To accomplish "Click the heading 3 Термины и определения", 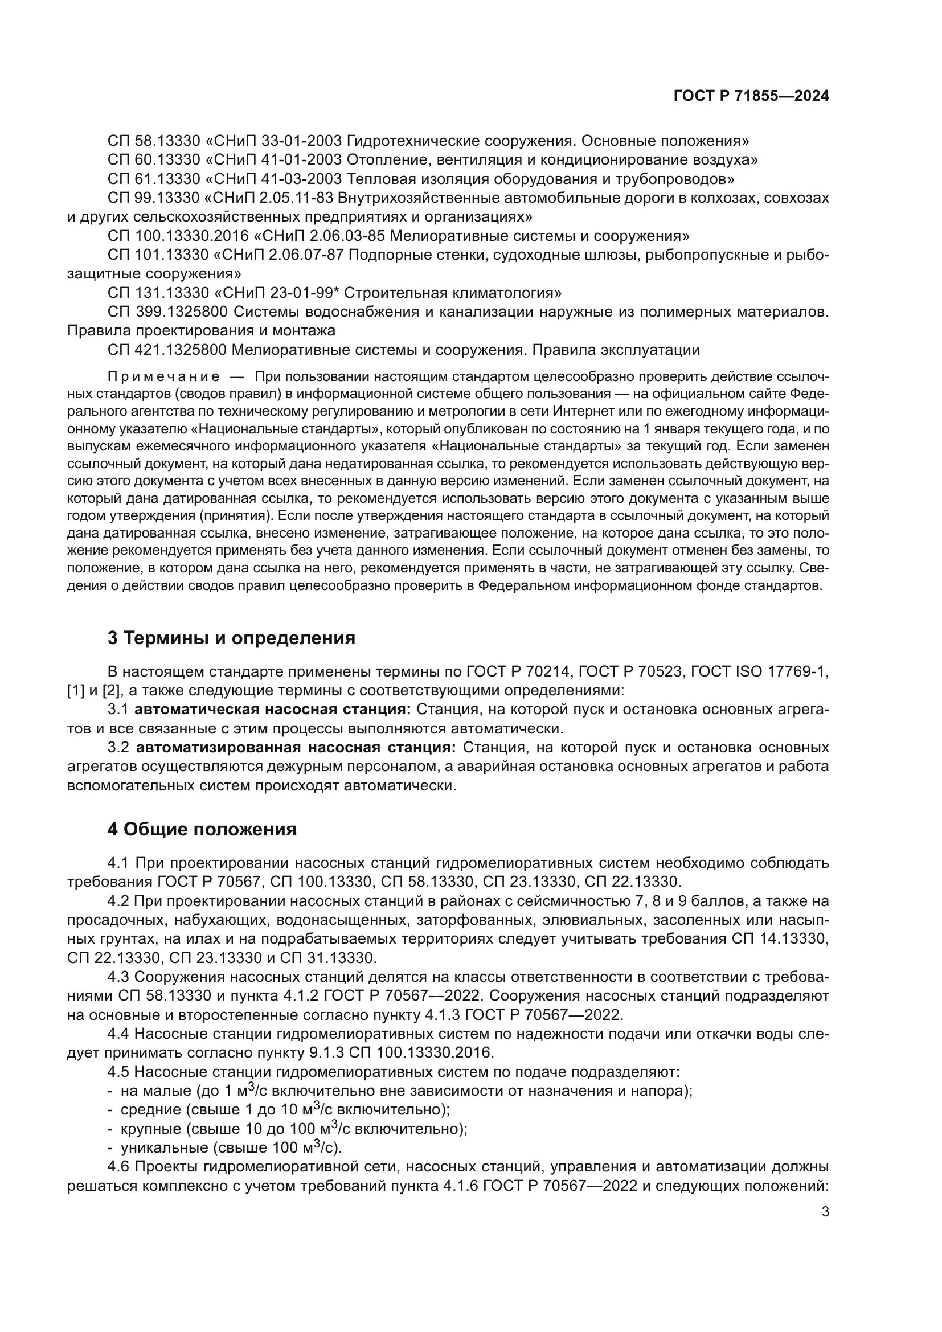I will pyautogui.click(x=231, y=638).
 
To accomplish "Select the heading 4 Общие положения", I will pyautogui.click(x=202, y=829).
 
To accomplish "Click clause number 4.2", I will pyautogui.click(x=119, y=901).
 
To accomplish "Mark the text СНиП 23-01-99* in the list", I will pyautogui.click(x=277, y=292).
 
